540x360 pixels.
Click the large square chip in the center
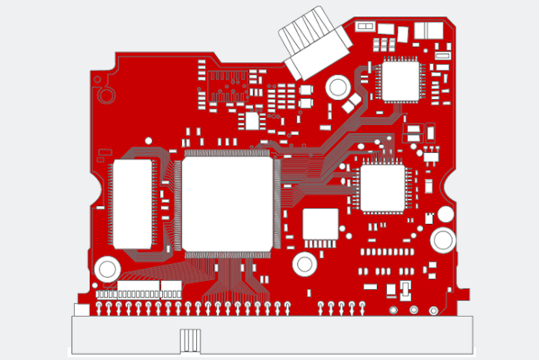pos(227,203)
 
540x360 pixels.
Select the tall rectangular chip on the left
pos(132,203)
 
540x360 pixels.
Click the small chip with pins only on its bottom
pos(319,224)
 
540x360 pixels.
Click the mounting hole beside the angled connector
pos(337,87)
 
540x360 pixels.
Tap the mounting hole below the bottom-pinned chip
pos(304,264)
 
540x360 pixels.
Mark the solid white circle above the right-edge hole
pos(445,214)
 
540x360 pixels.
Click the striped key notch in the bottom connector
pos(189,342)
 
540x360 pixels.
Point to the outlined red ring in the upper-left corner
pos(105,94)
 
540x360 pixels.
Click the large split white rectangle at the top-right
pos(428,30)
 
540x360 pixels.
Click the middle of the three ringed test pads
pos(414,310)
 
